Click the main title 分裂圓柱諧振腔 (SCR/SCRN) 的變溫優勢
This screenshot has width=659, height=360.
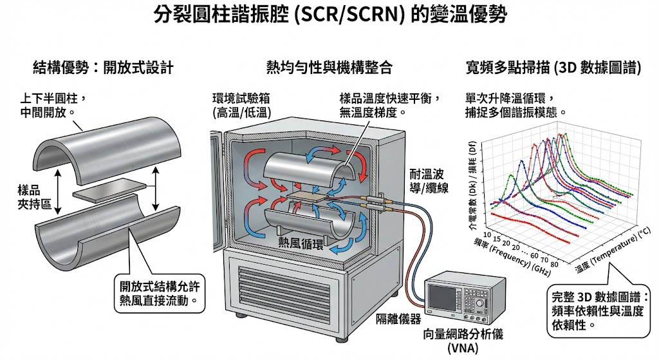(x=329, y=15)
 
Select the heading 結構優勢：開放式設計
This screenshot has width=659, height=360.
(x=103, y=67)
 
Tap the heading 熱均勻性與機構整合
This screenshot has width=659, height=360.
(x=329, y=67)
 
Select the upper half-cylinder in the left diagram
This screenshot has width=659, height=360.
(x=106, y=145)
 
